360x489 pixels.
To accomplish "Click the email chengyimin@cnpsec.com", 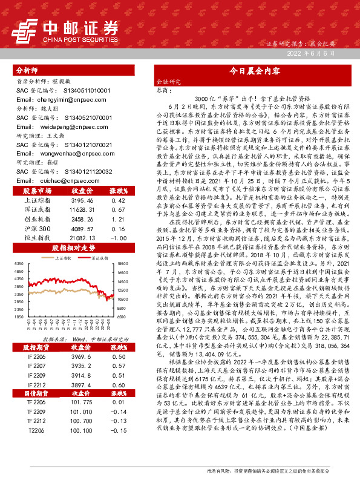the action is tap(54, 99).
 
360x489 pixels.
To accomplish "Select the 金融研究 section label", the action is tap(168, 81).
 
